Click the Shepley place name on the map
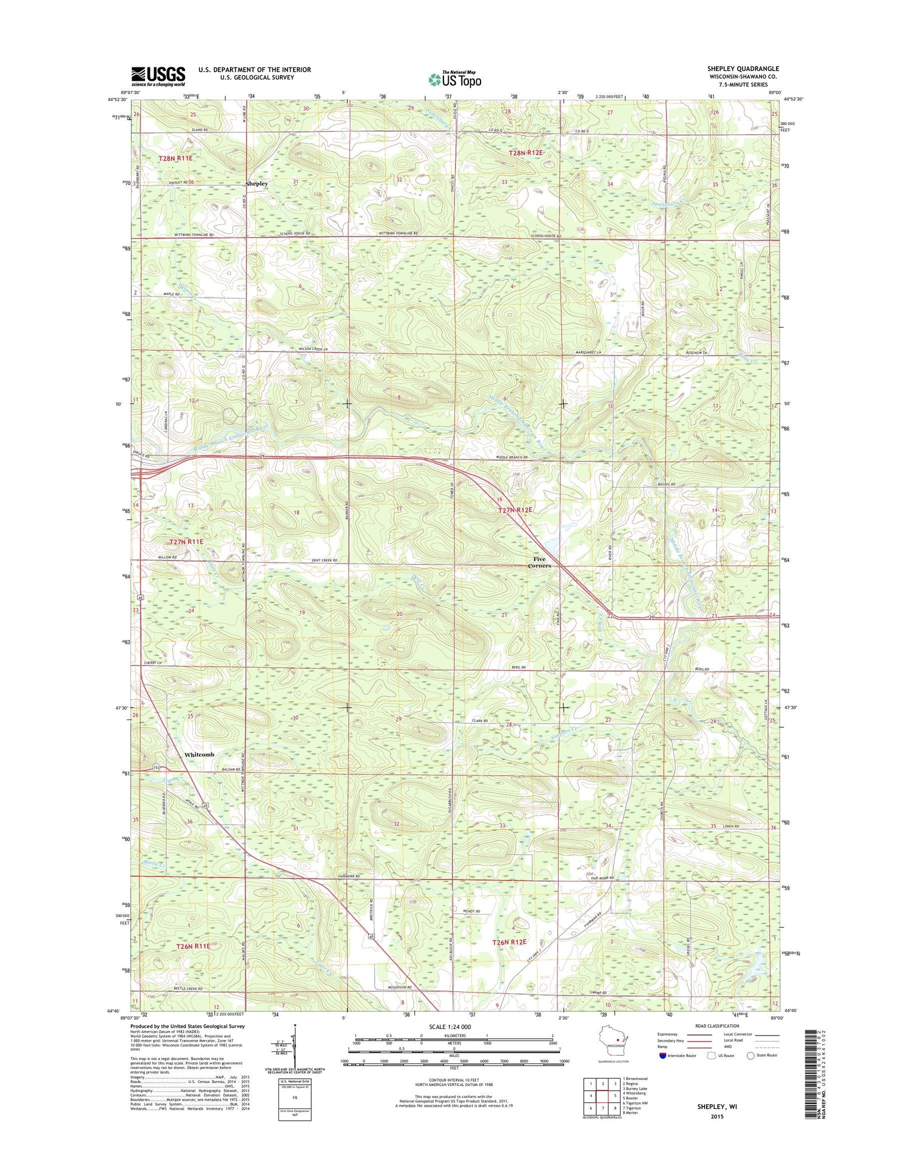tap(256, 183)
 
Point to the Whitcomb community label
tap(199, 754)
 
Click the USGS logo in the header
tap(158, 75)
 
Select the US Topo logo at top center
tap(455, 79)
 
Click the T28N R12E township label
tap(525, 153)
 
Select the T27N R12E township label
tap(515, 510)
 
